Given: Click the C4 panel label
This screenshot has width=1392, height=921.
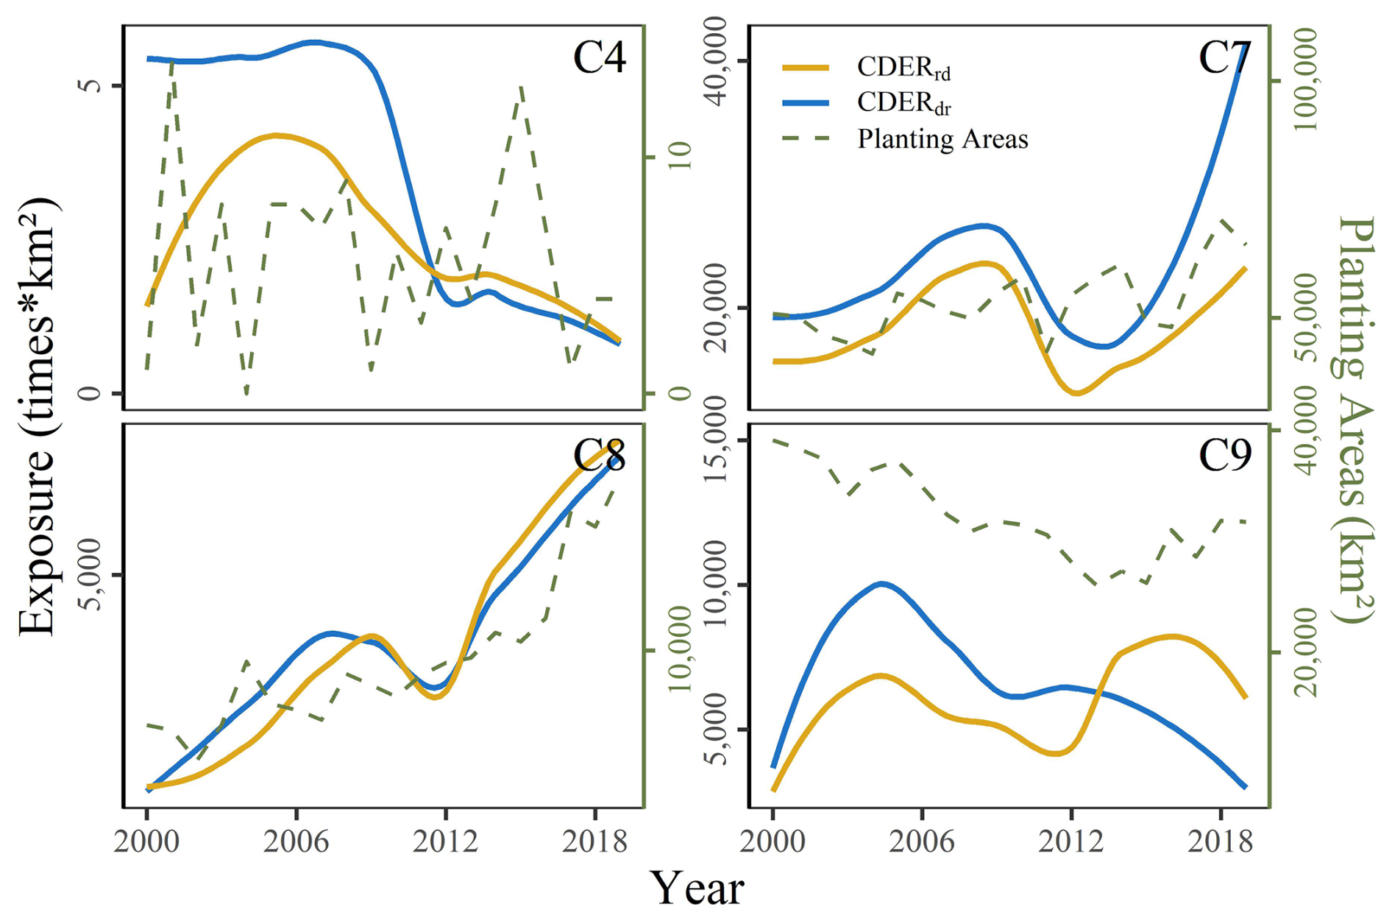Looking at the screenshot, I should click(x=599, y=57).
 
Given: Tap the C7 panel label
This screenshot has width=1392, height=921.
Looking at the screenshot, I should click(x=1224, y=57).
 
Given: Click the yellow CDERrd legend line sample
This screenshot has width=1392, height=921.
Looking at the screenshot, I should click(x=806, y=68).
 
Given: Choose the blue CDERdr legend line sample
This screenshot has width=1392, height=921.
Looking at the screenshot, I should click(x=806, y=103).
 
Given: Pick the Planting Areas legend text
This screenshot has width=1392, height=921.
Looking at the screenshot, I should click(x=942, y=139).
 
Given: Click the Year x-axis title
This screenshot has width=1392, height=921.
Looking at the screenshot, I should click(x=697, y=889).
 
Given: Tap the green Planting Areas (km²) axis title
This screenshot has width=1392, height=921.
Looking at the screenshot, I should click(x=1354, y=420).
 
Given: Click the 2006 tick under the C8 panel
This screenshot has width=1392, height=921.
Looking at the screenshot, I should click(x=296, y=841).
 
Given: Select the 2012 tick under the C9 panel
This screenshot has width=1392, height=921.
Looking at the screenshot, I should click(x=1071, y=841).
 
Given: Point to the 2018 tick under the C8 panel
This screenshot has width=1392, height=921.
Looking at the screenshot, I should click(x=594, y=841).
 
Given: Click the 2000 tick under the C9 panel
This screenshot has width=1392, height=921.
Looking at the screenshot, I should click(x=773, y=841).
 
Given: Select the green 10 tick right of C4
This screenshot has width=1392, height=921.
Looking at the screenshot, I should click(x=681, y=156).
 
